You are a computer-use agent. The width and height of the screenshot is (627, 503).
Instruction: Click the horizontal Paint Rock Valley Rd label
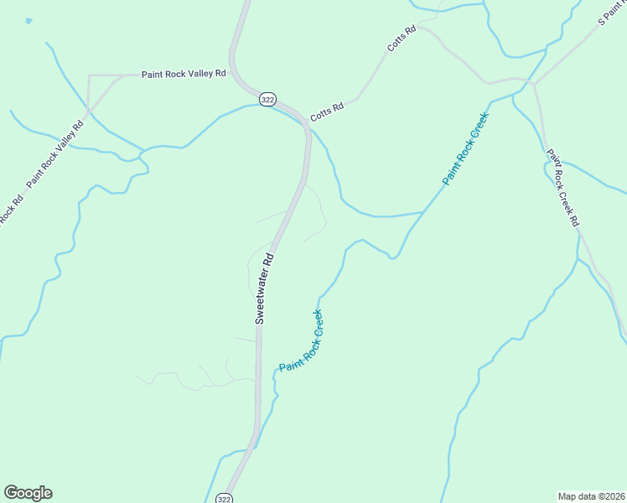click(184, 74)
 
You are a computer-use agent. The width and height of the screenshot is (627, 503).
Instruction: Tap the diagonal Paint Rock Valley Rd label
click(55, 154)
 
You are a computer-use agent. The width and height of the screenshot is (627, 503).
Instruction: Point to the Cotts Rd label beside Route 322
click(327, 112)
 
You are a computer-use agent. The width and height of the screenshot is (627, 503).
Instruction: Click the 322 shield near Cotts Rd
click(267, 99)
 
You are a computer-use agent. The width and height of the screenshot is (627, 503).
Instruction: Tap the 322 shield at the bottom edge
click(224, 498)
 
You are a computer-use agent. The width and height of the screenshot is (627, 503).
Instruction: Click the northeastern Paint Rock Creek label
click(465, 148)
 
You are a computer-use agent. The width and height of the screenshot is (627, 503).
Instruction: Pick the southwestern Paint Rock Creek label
click(301, 341)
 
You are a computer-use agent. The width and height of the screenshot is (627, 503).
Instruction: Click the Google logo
click(28, 493)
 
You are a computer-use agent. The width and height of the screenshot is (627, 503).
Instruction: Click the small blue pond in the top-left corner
click(29, 21)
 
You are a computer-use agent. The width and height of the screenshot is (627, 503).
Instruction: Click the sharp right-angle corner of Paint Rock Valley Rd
click(89, 75)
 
